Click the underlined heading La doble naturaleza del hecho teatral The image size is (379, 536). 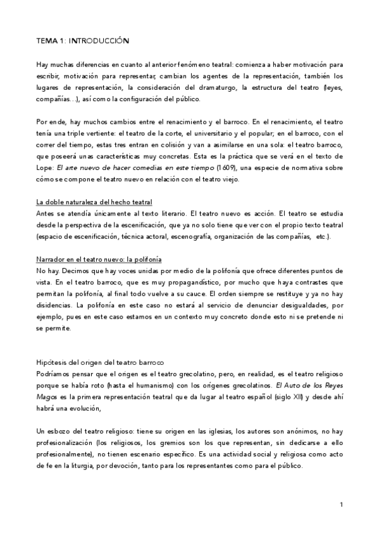pyautogui.click(x=94, y=202)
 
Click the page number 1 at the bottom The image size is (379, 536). pyautogui.click(x=340, y=504)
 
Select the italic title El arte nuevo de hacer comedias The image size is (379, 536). pyautogui.click(x=108, y=169)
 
